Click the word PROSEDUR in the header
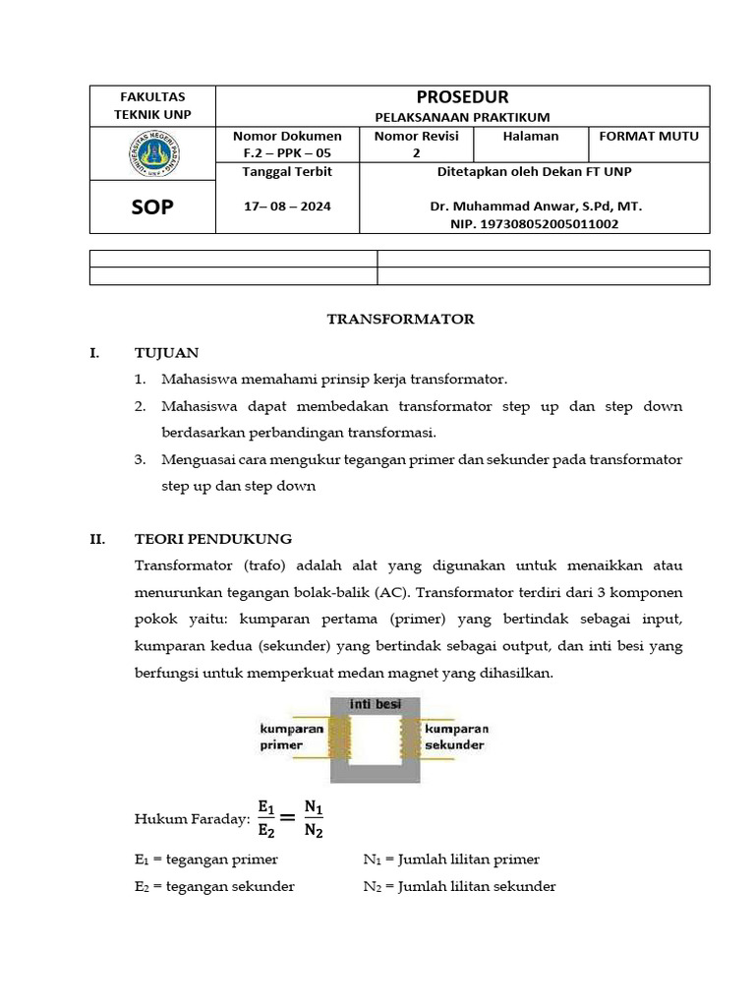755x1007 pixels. click(462, 96)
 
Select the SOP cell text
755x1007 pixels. click(152, 207)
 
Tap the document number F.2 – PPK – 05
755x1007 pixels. click(287, 153)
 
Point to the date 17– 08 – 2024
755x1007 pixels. click(287, 207)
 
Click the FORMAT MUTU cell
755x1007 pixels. click(648, 137)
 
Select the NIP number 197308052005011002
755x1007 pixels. click(535, 224)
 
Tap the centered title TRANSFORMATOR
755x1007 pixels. click(400, 319)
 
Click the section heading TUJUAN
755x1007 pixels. click(166, 352)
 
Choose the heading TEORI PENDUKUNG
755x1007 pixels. click(213, 539)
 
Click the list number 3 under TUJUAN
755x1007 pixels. click(141, 459)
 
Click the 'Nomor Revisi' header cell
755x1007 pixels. click(416, 137)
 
